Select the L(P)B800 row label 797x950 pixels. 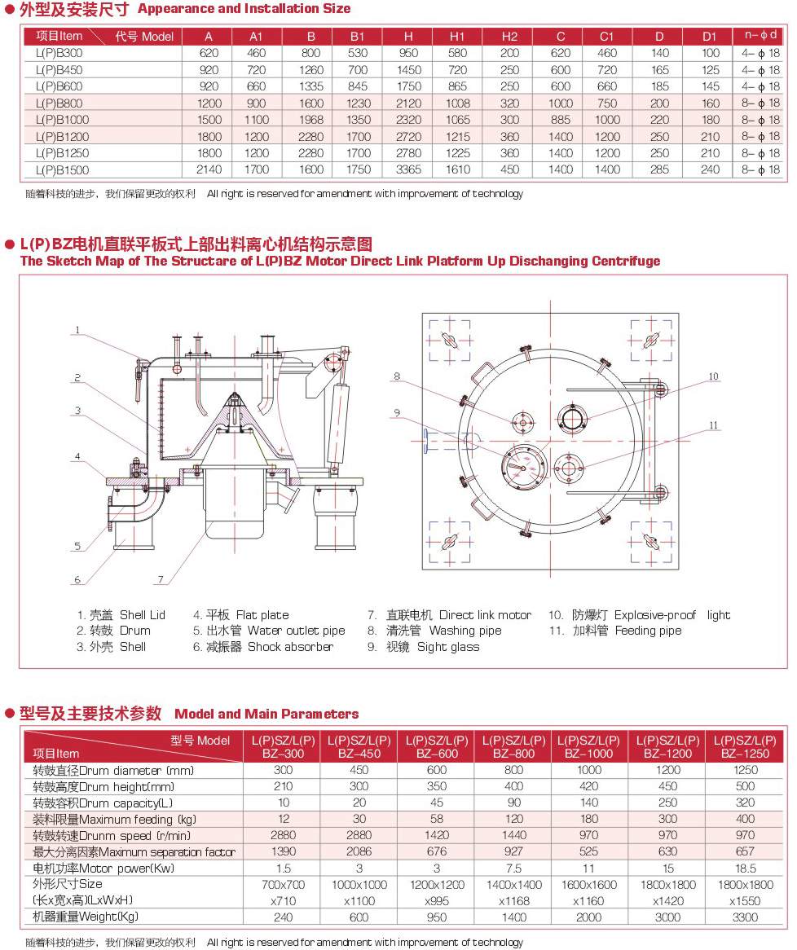click(x=59, y=103)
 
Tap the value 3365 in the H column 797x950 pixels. click(x=408, y=169)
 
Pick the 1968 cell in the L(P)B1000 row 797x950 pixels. click(x=311, y=120)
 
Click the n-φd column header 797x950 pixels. click(x=761, y=35)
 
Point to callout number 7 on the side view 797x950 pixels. click(x=161, y=580)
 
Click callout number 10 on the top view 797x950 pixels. click(x=713, y=376)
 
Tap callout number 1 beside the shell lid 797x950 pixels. click(x=77, y=330)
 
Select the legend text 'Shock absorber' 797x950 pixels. click(x=290, y=647)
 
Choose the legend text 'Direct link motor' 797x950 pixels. click(x=485, y=615)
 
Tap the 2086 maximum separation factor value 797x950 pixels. click(x=359, y=852)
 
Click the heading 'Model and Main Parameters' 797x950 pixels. click(x=266, y=714)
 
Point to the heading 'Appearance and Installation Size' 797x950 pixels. click(x=244, y=9)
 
